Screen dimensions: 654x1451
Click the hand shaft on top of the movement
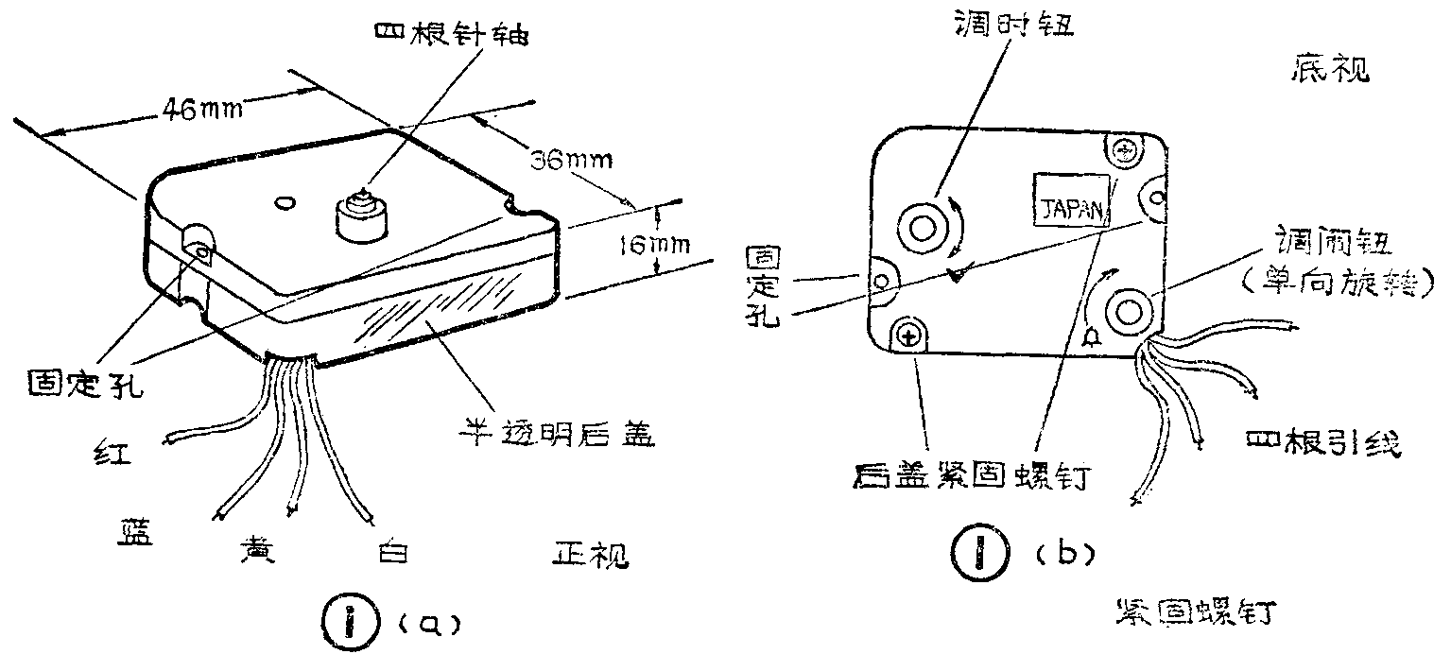pos(360,214)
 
